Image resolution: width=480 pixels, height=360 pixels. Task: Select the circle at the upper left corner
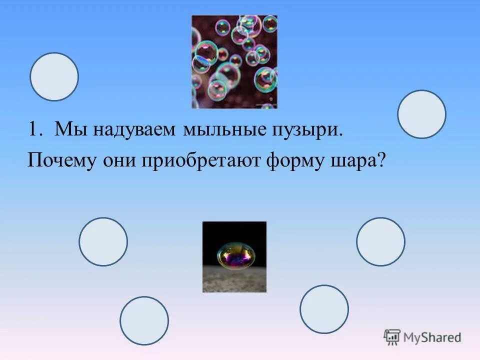click(54, 76)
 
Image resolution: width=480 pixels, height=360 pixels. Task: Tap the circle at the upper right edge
click(421, 114)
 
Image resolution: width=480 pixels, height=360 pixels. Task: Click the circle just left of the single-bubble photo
click(103, 241)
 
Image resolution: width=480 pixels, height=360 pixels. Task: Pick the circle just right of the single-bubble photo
click(380, 241)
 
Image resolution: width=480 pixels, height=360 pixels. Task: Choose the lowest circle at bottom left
click(144, 320)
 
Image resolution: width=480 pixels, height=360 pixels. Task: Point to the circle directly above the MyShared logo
click(324, 309)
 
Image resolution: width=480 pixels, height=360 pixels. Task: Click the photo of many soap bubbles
click(234, 61)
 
